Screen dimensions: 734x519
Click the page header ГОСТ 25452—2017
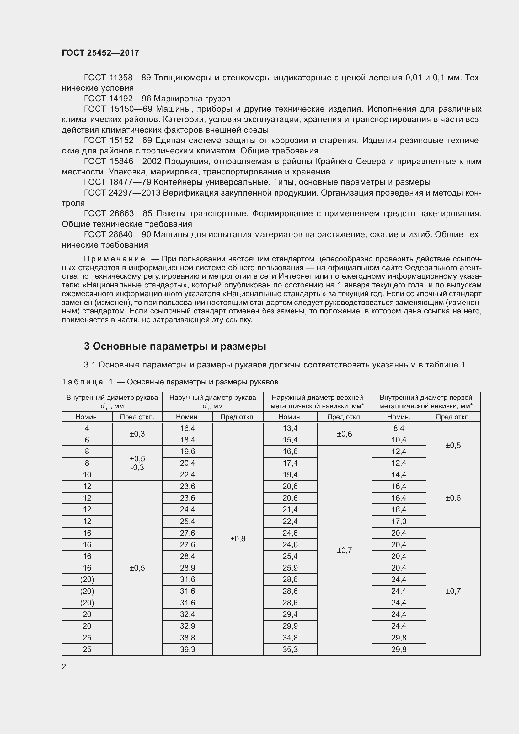(x=100, y=53)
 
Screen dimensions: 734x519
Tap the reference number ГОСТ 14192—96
(x=118, y=99)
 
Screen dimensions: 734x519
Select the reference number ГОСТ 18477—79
(x=118, y=182)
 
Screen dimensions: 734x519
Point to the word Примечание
(x=115, y=259)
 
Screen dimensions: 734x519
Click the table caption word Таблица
(x=82, y=382)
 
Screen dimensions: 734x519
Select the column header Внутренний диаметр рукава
(x=112, y=398)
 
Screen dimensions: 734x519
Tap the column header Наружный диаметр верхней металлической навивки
(x=317, y=402)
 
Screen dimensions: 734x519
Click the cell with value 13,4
(x=290, y=428)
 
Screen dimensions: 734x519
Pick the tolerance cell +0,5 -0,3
(x=137, y=463)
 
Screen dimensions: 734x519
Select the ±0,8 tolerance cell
(x=238, y=539)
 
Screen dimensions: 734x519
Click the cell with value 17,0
(x=399, y=522)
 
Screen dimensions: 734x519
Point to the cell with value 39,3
(x=188, y=649)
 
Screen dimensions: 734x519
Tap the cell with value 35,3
(x=290, y=649)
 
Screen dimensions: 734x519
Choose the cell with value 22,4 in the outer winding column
(x=290, y=522)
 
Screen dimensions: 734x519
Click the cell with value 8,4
(x=399, y=428)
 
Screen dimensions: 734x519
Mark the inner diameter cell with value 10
(x=87, y=475)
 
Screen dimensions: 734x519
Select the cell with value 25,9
(x=290, y=568)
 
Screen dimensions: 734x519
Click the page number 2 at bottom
(x=64, y=667)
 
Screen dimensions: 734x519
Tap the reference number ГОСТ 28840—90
(x=118, y=235)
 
